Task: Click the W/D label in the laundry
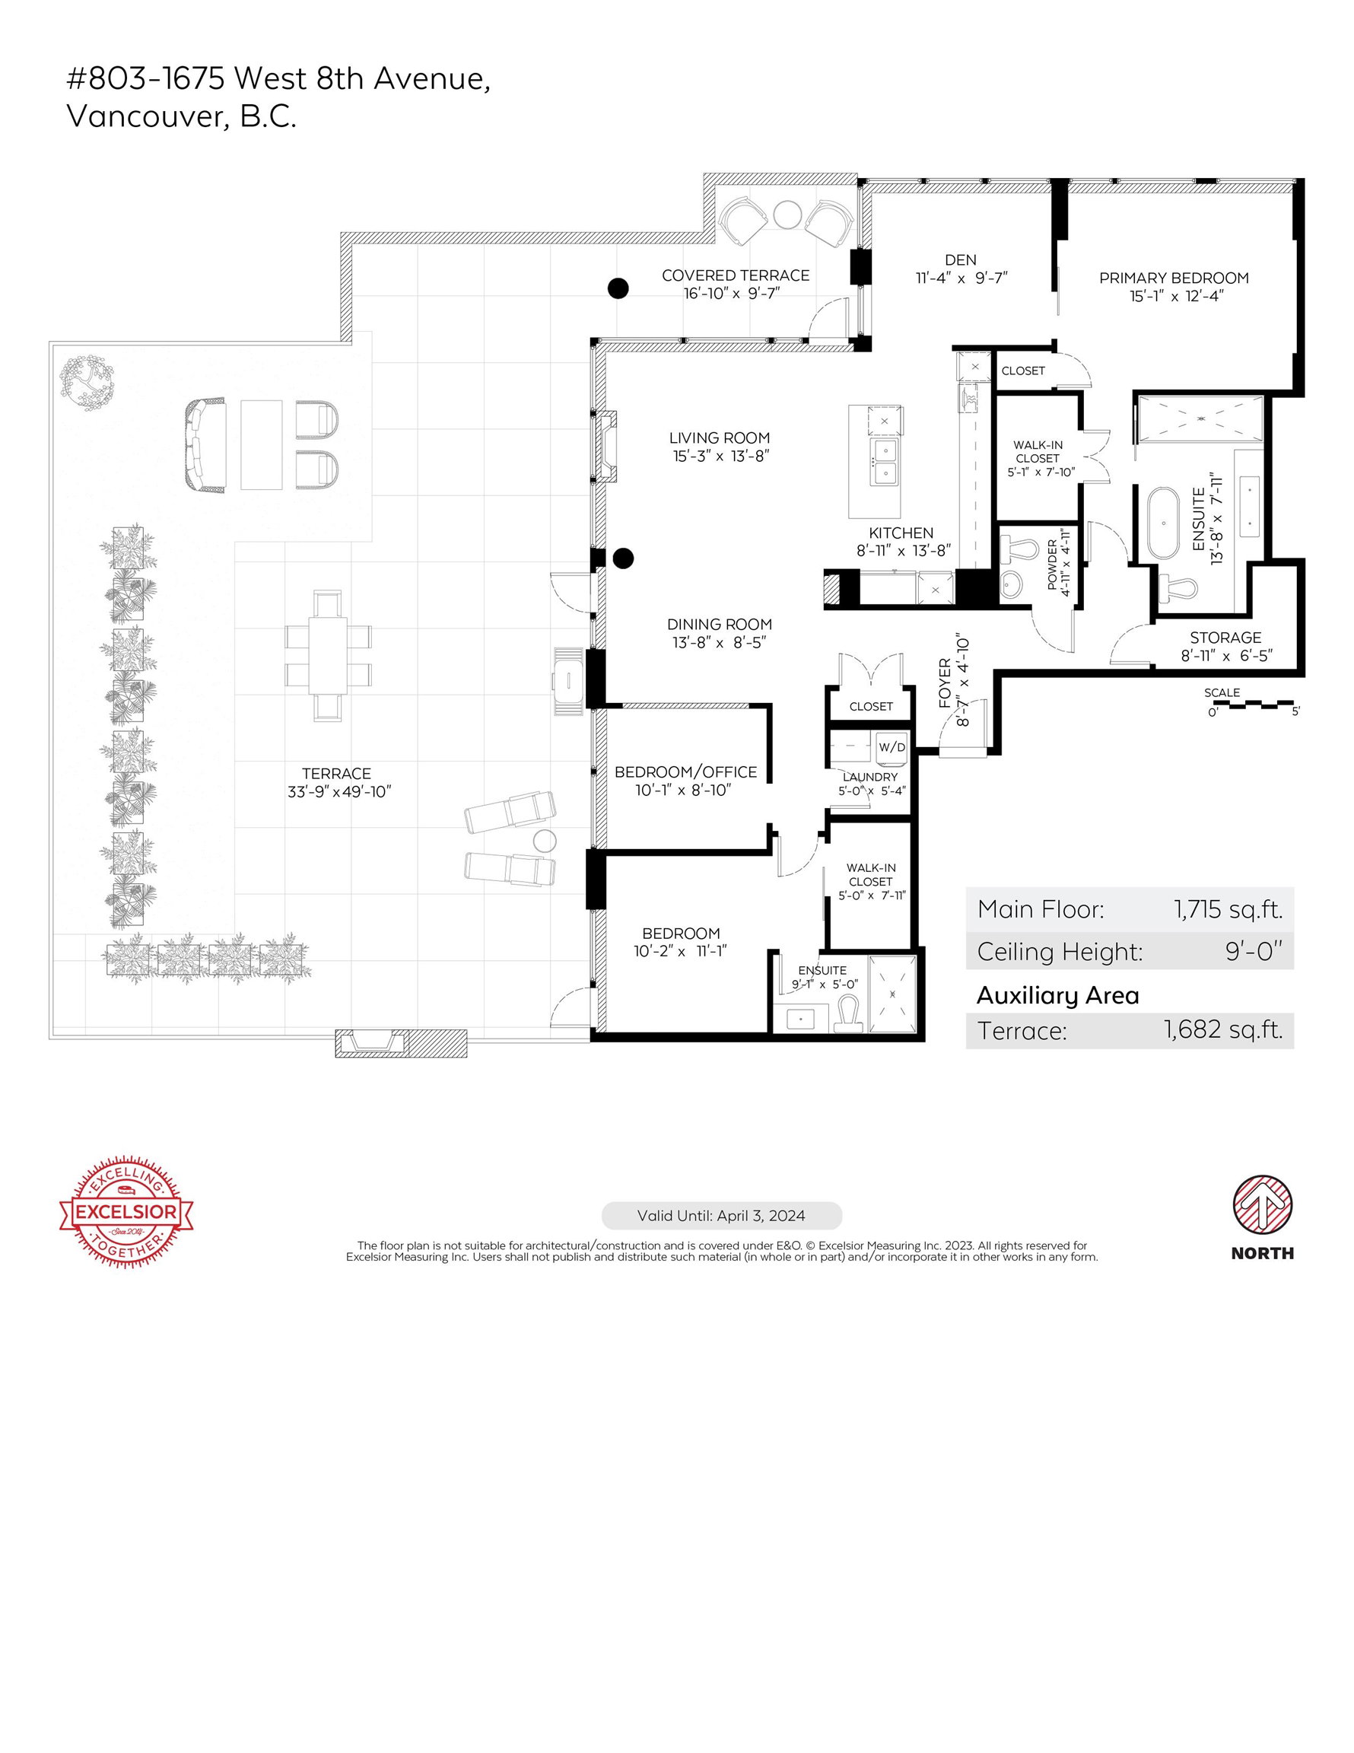pyautogui.click(x=892, y=747)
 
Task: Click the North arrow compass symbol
pyautogui.click(x=1263, y=1207)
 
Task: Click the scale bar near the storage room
pyautogui.click(x=1254, y=705)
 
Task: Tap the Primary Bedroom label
pyautogui.click(x=1174, y=278)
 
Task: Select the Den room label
pyautogui.click(x=961, y=260)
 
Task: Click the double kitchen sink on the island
pyautogui.click(x=885, y=463)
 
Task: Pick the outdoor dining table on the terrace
pyautogui.click(x=329, y=655)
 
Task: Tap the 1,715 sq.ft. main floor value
pyautogui.click(x=1228, y=910)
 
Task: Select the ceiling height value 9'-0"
pyautogui.click(x=1254, y=952)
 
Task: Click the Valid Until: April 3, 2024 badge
pyautogui.click(x=722, y=1216)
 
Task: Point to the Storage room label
pyautogui.click(x=1225, y=638)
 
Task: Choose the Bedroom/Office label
pyautogui.click(x=686, y=772)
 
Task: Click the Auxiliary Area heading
pyautogui.click(x=1058, y=996)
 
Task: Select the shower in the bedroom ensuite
pyautogui.click(x=892, y=994)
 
